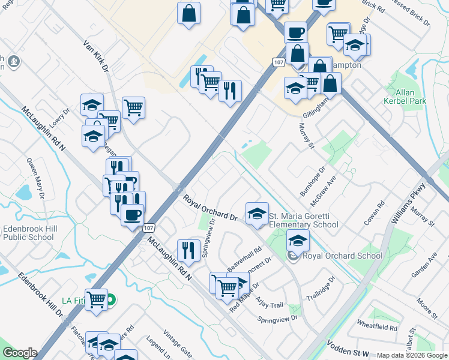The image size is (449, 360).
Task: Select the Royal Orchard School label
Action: coord(342,256)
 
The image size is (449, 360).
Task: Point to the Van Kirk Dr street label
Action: coord(95,56)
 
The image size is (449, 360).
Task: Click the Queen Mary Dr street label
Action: coord(35,178)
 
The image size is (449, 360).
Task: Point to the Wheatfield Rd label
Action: coord(377,328)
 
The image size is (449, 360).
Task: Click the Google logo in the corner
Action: coord(20,353)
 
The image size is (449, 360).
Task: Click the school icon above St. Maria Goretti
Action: coord(256,214)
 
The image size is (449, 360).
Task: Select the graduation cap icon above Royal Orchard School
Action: coord(298,241)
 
